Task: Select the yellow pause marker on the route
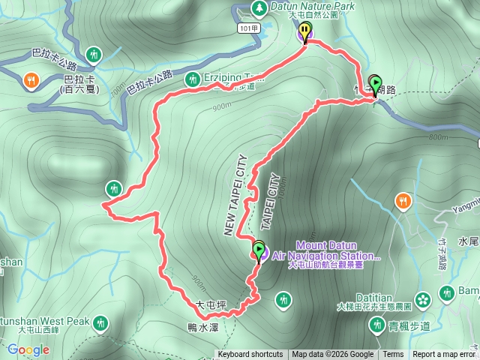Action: (304, 31)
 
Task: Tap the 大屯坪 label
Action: (211, 305)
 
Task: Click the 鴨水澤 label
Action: (202, 327)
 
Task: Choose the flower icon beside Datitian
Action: (423, 298)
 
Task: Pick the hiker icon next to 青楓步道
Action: (376, 325)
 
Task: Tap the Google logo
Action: (28, 349)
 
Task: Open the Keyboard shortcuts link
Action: (250, 355)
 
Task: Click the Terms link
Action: (393, 355)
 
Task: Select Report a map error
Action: (444, 355)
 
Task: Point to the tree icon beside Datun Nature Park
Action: (259, 8)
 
